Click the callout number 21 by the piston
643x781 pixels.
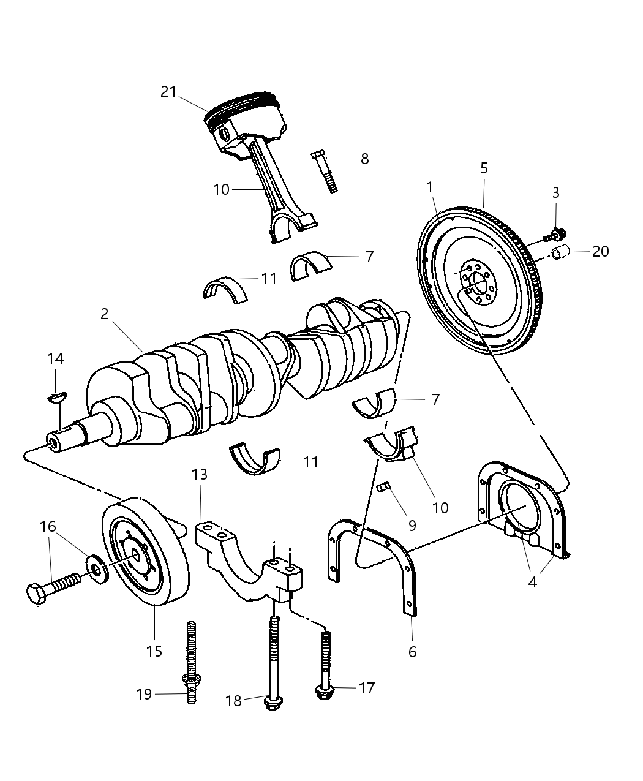coord(168,92)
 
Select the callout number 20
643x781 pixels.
coord(600,251)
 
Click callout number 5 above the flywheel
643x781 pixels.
coord(484,167)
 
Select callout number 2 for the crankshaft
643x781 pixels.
coord(105,314)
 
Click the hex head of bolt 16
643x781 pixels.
coord(36,594)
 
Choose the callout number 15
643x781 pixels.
coord(154,651)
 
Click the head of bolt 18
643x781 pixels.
coord(270,703)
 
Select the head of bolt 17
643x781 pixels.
coord(323,692)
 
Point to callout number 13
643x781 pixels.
coord(200,474)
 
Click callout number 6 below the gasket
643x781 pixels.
coord(412,652)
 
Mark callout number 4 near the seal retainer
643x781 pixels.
coord(532,582)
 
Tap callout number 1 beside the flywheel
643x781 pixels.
coord(430,186)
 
